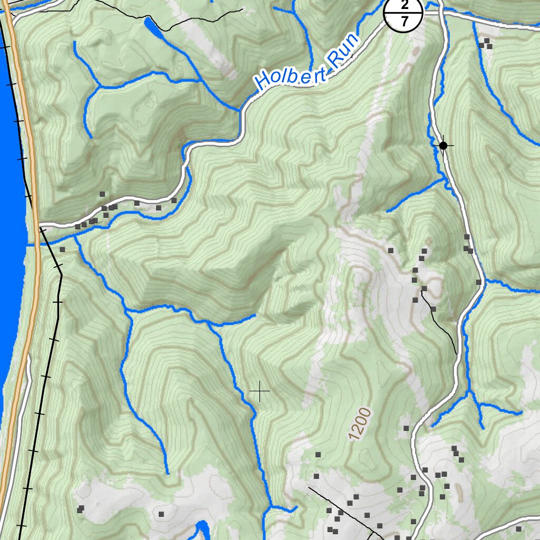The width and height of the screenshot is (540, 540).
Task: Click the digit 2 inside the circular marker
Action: click(404, 5)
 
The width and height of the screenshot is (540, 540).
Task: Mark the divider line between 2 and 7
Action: click(404, 13)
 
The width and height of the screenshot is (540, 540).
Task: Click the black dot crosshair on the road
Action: click(443, 145)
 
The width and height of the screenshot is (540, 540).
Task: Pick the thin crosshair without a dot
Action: click(259, 391)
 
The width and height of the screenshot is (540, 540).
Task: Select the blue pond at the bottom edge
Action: click(202, 530)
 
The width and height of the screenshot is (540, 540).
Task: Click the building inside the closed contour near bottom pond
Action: click(161, 513)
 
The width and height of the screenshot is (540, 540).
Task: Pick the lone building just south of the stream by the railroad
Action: click(62, 249)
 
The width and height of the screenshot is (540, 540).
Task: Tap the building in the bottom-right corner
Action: click(518, 529)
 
